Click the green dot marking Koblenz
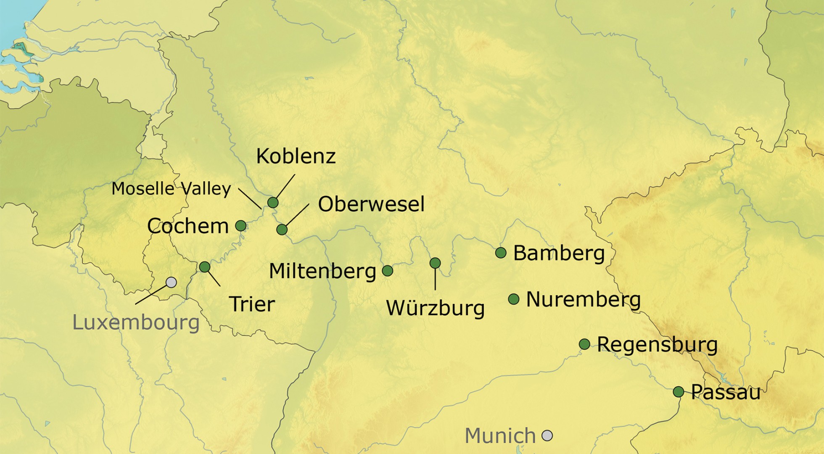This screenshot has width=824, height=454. coord(273,203)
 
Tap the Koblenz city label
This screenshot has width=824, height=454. coord(296,156)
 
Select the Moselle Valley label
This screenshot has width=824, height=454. coord(171,189)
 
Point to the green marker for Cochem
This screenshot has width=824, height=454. coord(240,226)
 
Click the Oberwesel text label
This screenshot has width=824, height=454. coord(371,204)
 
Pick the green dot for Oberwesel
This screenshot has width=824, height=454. coord(282,230)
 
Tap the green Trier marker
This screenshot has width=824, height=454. coord(205,267)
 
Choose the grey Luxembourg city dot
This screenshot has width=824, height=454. coord(171,282)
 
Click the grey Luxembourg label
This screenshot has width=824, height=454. coord(136,323)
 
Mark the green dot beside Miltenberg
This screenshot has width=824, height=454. coord(388,271)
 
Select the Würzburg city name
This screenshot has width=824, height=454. coord(435,308)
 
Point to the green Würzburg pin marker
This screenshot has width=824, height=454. coord(435,263)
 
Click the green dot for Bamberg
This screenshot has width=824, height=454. coord(501,253)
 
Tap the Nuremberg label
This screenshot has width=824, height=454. coord(583,300)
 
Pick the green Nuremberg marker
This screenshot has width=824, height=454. coord(514,299)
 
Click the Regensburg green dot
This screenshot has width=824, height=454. coord(584,344)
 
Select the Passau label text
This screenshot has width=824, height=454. coord(726,392)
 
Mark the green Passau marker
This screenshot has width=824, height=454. coord(679,392)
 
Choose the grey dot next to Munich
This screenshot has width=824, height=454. coord(547,436)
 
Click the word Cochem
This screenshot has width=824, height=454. coord(188,227)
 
